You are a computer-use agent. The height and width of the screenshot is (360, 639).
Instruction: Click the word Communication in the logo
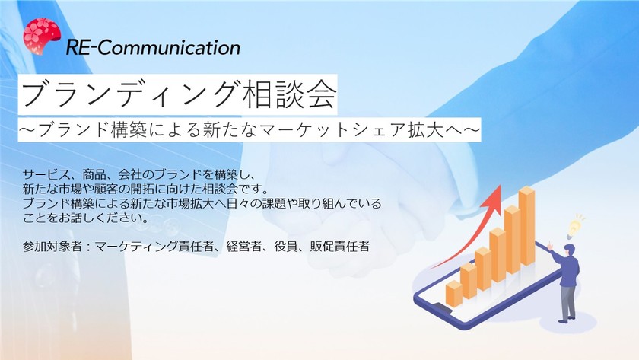point(170,47)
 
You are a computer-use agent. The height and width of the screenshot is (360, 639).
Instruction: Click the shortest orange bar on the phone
point(454,293)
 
